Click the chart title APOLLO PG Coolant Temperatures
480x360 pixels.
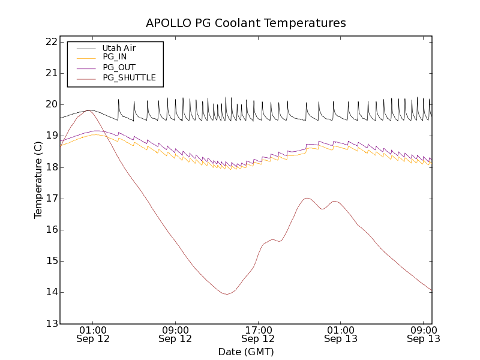point(246,23)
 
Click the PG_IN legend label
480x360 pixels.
point(115,57)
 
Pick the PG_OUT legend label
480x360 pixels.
point(119,67)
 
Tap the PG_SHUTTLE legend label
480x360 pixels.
point(129,77)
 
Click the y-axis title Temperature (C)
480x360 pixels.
point(38,180)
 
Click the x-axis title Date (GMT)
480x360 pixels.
point(246,352)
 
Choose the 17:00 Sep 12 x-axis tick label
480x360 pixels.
point(258,334)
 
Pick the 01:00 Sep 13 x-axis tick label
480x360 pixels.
point(341,334)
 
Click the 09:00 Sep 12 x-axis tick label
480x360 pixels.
point(175,334)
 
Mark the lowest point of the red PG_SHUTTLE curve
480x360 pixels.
point(226,294)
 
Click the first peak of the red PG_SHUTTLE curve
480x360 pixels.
point(89,110)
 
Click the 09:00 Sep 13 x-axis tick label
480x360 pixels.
point(424,334)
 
